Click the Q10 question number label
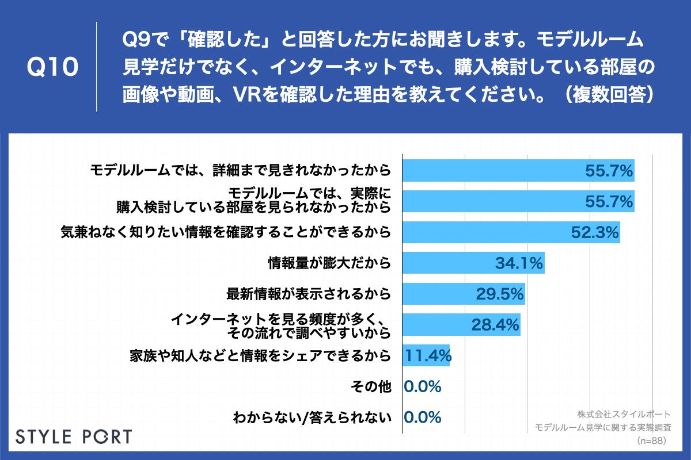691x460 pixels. [x=53, y=67]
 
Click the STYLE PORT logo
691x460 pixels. [x=73, y=436]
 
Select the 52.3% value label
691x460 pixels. [x=595, y=232]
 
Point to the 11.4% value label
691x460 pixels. [x=427, y=356]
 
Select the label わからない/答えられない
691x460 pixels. [x=312, y=417]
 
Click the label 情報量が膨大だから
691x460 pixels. [x=329, y=263]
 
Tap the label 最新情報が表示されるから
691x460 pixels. [x=309, y=294]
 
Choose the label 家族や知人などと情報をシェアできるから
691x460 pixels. [x=260, y=356]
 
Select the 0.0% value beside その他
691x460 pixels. [x=423, y=387]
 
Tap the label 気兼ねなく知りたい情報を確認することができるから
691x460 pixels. [x=226, y=232]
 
